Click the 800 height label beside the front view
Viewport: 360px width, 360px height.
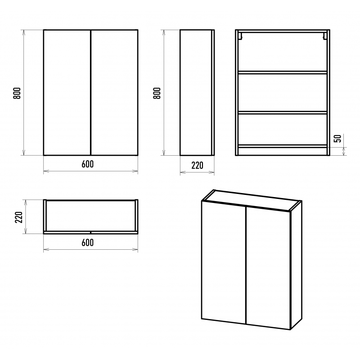pyautogui.click(x=17, y=93)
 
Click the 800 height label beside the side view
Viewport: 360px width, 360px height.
pyautogui.click(x=157, y=93)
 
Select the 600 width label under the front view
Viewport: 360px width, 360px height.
pyautogui.click(x=87, y=164)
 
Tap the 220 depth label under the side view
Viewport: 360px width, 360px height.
pyautogui.click(x=197, y=165)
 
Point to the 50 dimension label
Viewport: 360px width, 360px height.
pyautogui.click(x=337, y=138)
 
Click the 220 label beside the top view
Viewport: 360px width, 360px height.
pyautogui.click(x=18, y=217)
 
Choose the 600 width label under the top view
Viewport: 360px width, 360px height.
pyautogui.click(x=87, y=243)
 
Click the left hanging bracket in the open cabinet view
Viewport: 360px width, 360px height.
pyautogui.click(x=240, y=36)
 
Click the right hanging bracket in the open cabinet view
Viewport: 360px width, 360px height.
pyautogui.click(x=325, y=36)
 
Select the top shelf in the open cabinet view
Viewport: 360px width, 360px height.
pyautogui.click(x=283, y=72)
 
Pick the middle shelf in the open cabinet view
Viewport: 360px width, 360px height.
pyautogui.click(x=283, y=112)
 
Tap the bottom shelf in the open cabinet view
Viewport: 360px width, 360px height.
pyautogui.click(x=283, y=146)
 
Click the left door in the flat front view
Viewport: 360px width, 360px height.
pyautogui.click(x=67, y=93)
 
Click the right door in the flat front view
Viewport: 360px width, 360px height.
pyautogui.click(x=115, y=93)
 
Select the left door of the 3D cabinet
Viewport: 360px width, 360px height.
pyautogui.click(x=224, y=262)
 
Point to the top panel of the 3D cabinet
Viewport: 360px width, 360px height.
pyautogui.click(x=252, y=200)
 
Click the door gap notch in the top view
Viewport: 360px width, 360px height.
pyautogui.click(x=91, y=233)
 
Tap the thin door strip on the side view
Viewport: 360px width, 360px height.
pyautogui.click(x=213, y=93)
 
